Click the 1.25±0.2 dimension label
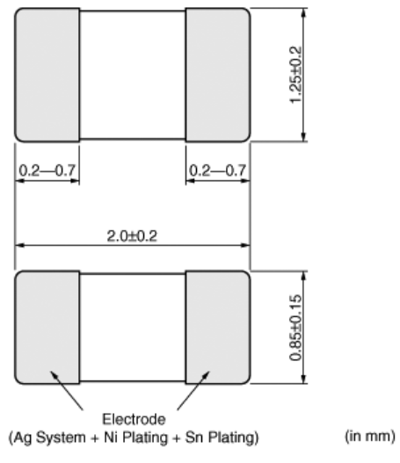click(x=295, y=75)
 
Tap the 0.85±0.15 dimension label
click(x=295, y=328)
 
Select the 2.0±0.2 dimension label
click(x=132, y=236)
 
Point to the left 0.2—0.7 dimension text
click(x=47, y=170)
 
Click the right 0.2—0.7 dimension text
click(x=217, y=170)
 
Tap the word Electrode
click(x=134, y=419)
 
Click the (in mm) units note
click(x=370, y=436)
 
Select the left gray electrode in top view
click(x=47, y=75)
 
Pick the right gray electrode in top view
click(x=218, y=75)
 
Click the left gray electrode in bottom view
click(x=47, y=328)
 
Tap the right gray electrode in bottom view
click(x=218, y=328)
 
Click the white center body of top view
click(x=133, y=75)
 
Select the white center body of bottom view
click(x=133, y=328)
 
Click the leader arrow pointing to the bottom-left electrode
click(x=67, y=390)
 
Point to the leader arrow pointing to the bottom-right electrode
click(x=193, y=390)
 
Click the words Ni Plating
click(x=135, y=438)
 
